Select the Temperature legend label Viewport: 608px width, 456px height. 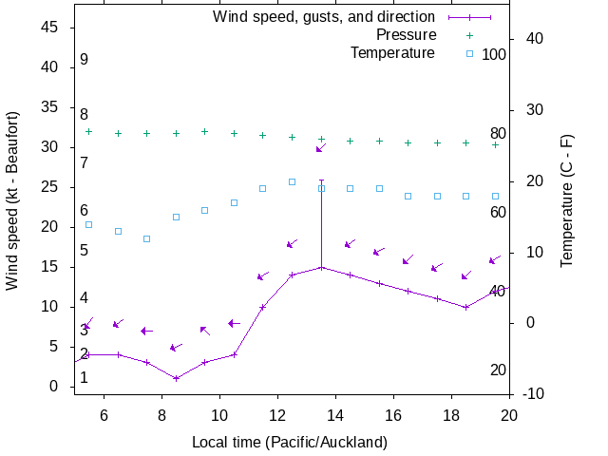click(392, 52)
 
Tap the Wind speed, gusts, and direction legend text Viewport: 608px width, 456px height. click(323, 17)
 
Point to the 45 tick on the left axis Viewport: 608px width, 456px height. click(51, 28)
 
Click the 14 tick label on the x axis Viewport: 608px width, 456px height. click(335, 414)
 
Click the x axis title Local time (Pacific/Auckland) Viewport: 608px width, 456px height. click(289, 442)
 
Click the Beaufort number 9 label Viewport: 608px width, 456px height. click(84, 60)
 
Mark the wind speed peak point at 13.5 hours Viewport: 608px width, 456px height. click(321, 267)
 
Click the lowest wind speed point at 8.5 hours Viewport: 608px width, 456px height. click(176, 378)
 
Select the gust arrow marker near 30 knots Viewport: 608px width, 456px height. click(321, 148)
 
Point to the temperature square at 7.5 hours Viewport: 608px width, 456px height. click(147, 238)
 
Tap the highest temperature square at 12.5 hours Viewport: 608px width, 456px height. click(292, 181)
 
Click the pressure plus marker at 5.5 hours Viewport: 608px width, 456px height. click(89, 131)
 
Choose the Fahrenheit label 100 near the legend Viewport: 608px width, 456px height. click(494, 54)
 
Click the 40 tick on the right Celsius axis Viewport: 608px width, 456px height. click(533, 39)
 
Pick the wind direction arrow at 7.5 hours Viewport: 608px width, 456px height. click(146, 331)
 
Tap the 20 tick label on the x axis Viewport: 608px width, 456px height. click(510, 414)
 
